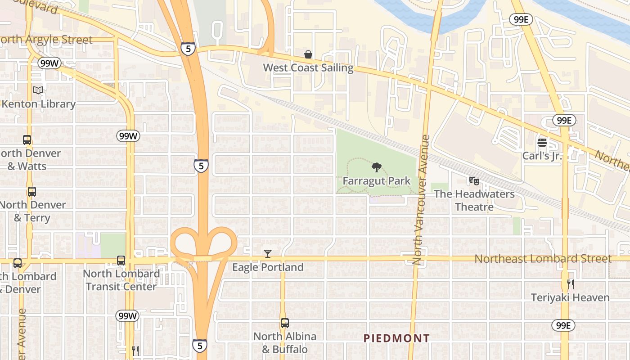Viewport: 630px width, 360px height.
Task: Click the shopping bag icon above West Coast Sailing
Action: tap(308, 55)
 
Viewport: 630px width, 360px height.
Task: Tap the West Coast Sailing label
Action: tap(308, 68)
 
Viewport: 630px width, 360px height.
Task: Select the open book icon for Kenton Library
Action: tap(38, 90)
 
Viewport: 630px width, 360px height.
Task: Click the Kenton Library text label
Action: tap(38, 104)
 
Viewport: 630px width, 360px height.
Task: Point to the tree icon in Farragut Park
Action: tap(376, 168)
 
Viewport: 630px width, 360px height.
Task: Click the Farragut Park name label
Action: tap(376, 181)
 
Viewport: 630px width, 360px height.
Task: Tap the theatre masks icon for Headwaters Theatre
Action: tap(474, 181)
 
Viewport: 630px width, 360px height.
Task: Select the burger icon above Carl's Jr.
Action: tap(542, 143)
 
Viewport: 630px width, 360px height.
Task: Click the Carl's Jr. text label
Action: tap(542, 156)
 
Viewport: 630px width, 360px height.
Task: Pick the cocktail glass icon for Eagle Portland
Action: tap(268, 254)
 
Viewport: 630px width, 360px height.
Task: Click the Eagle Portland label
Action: tap(268, 267)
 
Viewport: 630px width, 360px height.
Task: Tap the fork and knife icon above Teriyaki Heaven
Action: tap(570, 284)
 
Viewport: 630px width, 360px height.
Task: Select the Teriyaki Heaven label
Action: tap(570, 297)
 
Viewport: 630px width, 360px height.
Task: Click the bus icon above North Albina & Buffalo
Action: tap(284, 323)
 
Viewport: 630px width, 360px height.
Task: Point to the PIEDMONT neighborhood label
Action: tap(396, 338)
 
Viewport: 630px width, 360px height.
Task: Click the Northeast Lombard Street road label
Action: tap(543, 259)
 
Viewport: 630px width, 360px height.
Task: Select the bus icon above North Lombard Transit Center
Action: tap(121, 260)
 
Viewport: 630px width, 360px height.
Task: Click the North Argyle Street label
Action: tap(46, 40)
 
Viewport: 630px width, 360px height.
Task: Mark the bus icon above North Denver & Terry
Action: tap(31, 192)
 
